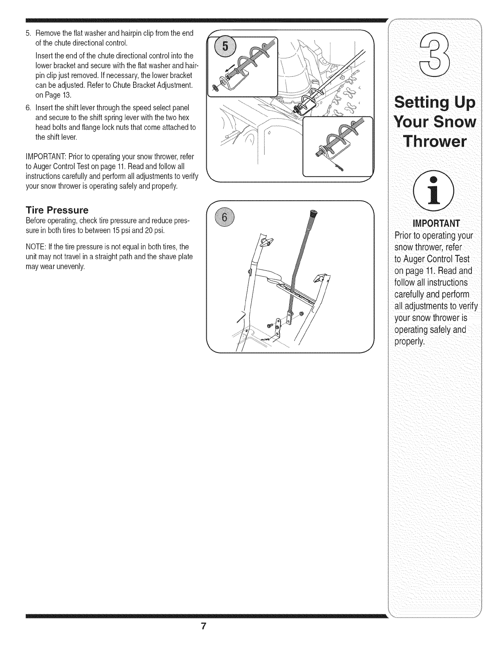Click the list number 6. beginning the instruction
[28, 108]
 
